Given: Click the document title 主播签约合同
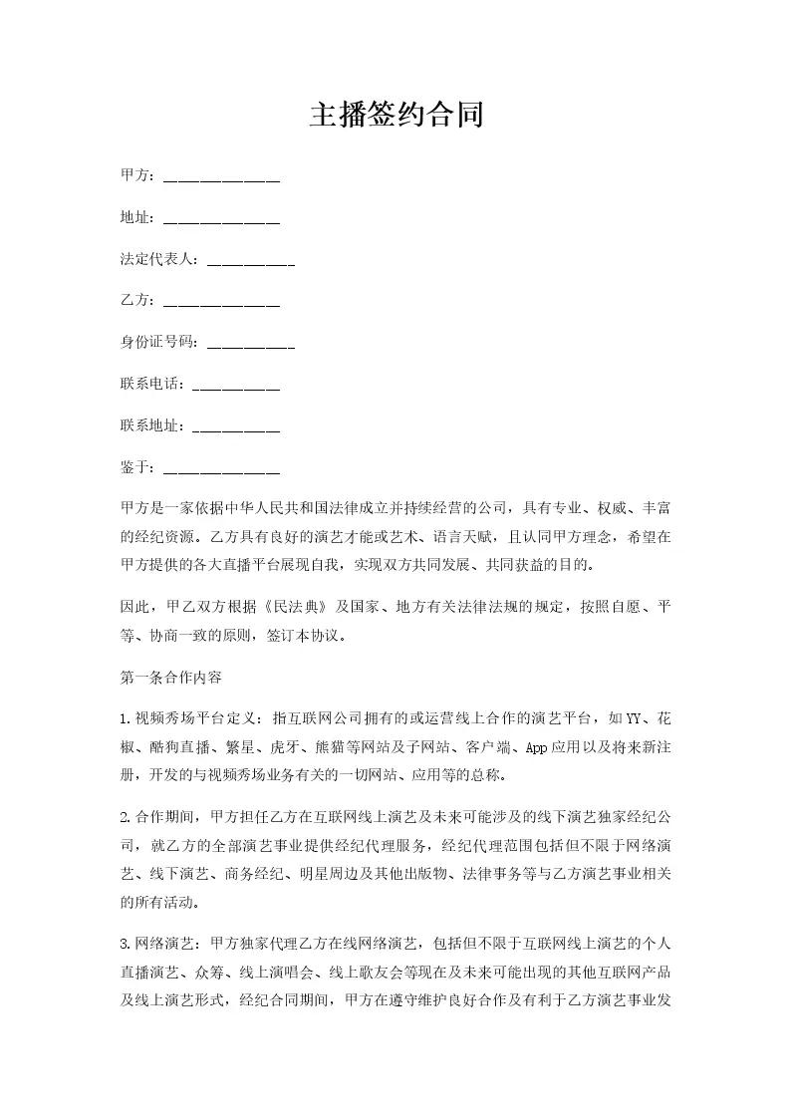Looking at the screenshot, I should click(x=395, y=116).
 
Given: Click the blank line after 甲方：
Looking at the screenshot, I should click(x=220, y=178).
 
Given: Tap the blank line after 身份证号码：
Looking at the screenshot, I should click(x=249, y=343).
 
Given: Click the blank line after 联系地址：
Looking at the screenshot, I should click(x=235, y=426).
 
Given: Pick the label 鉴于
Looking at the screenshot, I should click(x=135, y=466).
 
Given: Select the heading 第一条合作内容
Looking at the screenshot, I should click(x=170, y=677).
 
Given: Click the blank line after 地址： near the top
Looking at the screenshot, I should click(x=220, y=219).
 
